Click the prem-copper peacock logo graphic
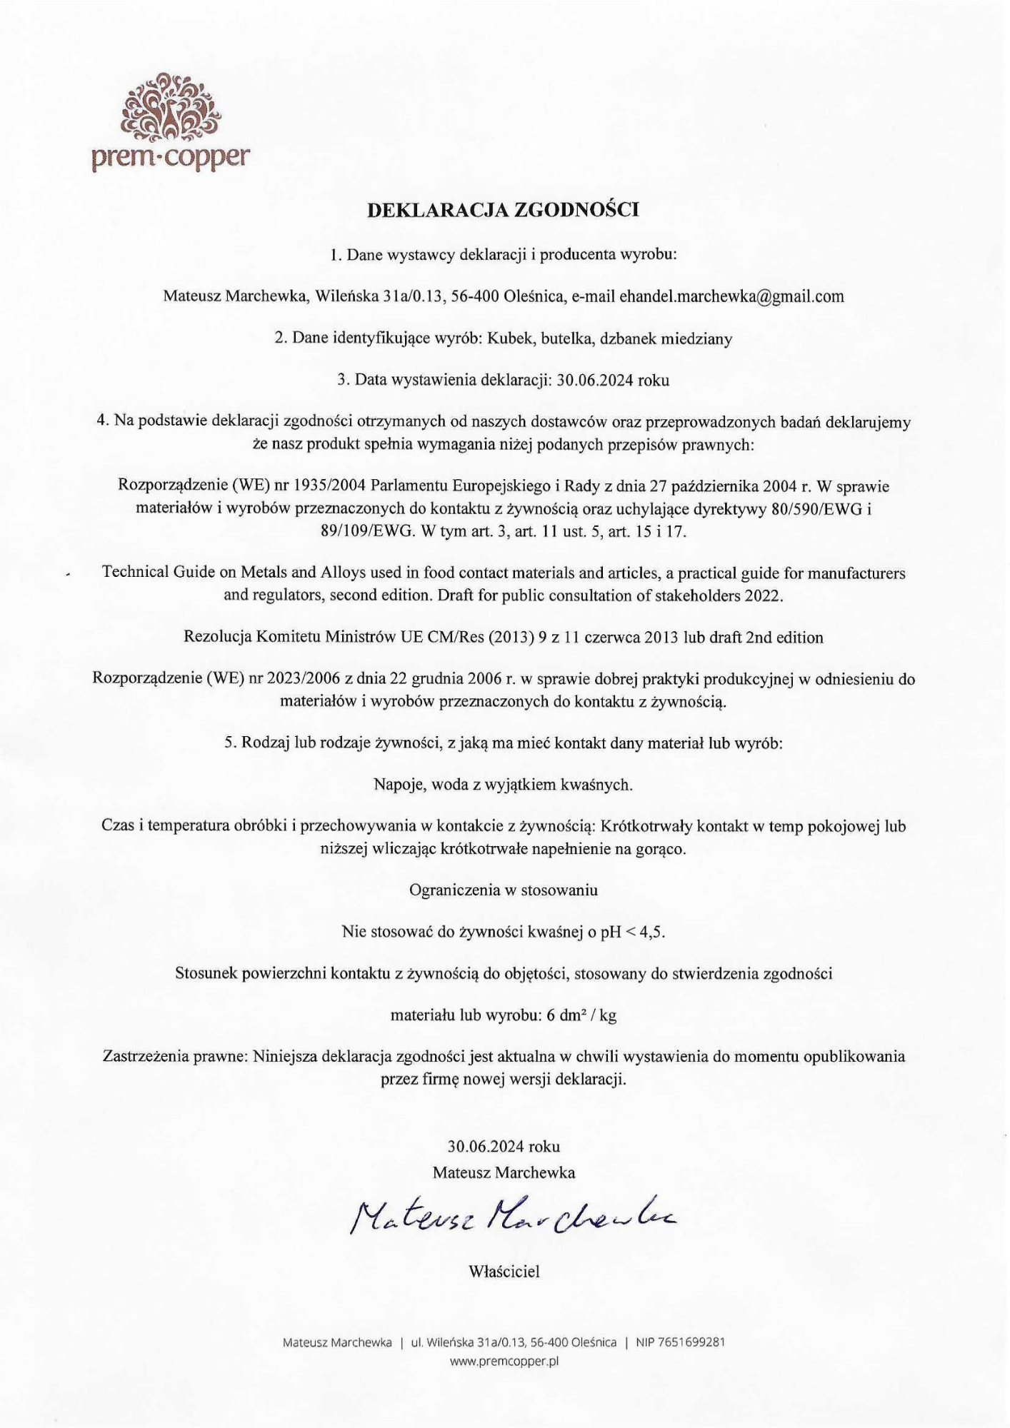(x=169, y=108)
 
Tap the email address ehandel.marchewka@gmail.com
(x=731, y=296)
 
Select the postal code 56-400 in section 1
(x=474, y=296)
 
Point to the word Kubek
(x=511, y=338)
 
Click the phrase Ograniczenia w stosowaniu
(x=504, y=890)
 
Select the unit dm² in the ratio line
(x=576, y=1016)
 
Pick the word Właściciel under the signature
(x=504, y=1272)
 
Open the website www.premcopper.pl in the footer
(x=504, y=1361)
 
